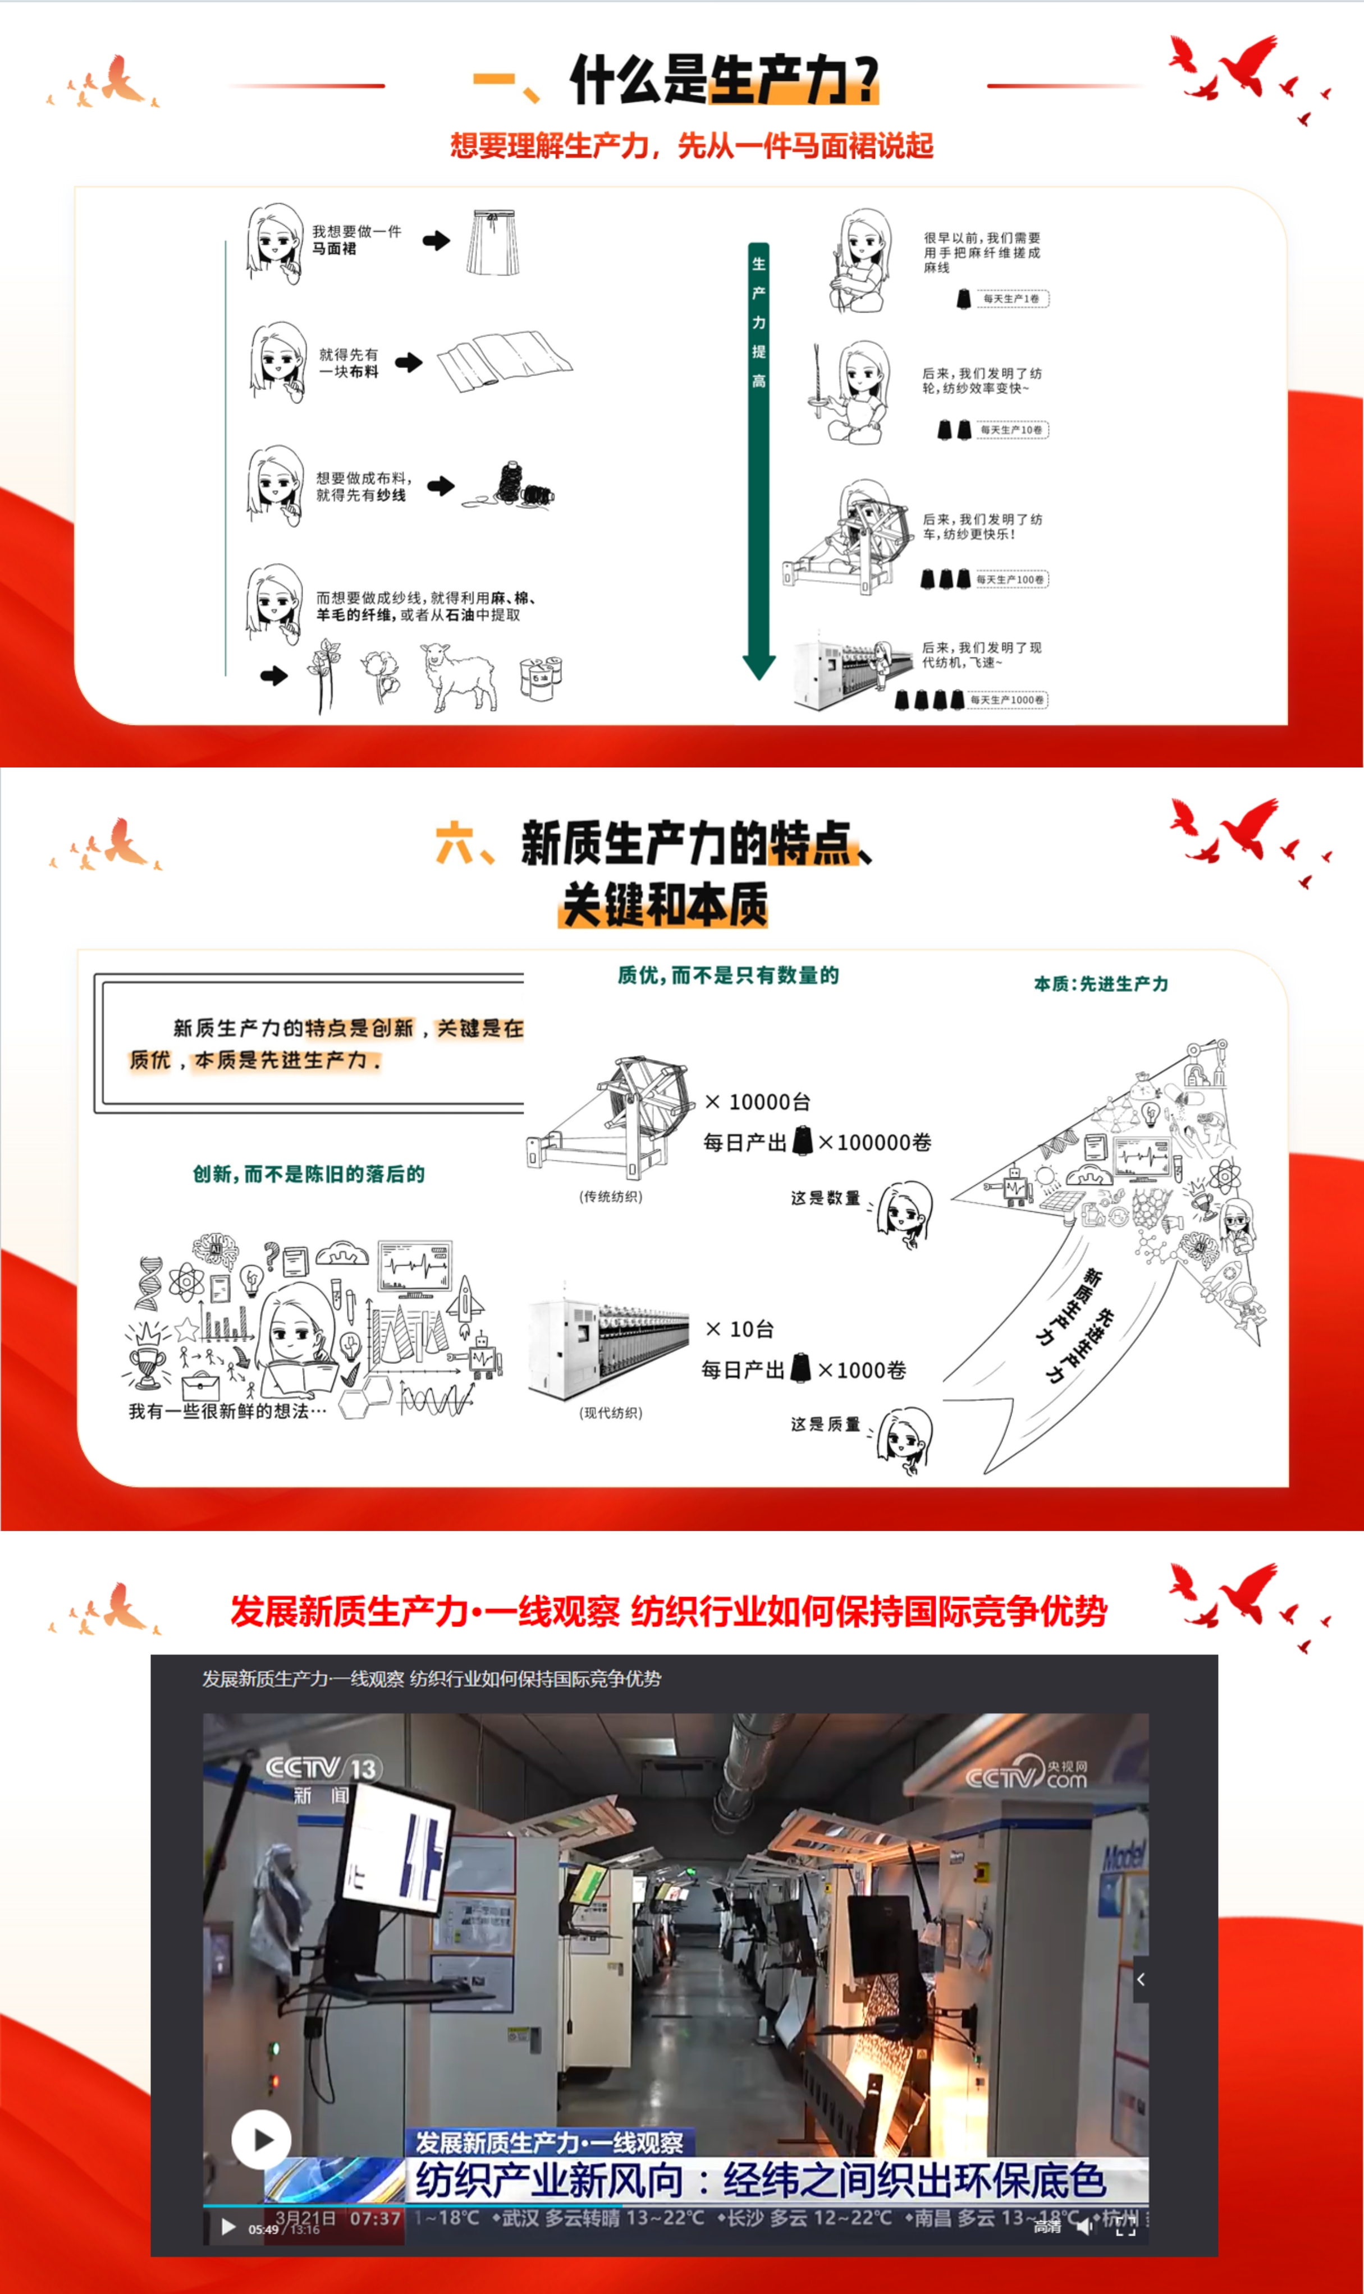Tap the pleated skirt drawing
point(493,242)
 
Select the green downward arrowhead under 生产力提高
point(758,666)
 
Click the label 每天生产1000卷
point(1008,700)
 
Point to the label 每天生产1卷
point(1011,298)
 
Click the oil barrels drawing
point(541,678)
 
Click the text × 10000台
point(758,1101)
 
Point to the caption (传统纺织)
point(610,1196)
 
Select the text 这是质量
point(825,1424)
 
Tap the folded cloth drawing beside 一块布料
point(504,362)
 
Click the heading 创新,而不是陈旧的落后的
point(309,1174)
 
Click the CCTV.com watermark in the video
point(1027,1774)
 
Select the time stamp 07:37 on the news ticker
point(375,2218)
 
